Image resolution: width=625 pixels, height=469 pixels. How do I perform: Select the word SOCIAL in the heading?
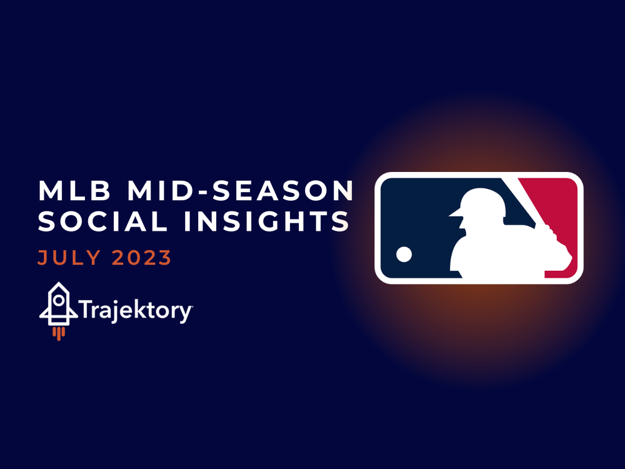pos(97,222)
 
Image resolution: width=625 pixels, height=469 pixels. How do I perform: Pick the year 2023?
pos(142,258)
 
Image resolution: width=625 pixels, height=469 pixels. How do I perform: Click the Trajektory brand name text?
pos(136,310)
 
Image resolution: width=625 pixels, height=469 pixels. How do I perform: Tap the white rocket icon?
pos(58,305)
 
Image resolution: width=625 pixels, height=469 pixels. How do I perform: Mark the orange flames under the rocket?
pos(58,333)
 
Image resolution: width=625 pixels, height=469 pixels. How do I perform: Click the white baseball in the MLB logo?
pos(404,253)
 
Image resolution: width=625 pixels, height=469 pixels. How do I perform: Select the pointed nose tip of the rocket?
pos(58,285)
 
